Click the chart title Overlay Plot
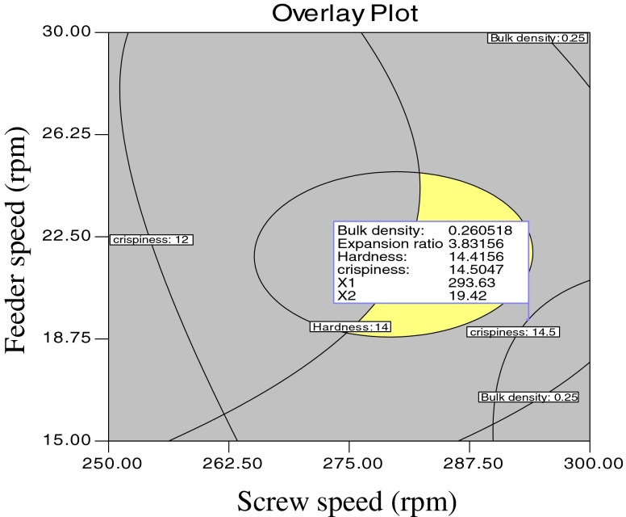349,13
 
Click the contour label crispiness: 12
152,240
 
